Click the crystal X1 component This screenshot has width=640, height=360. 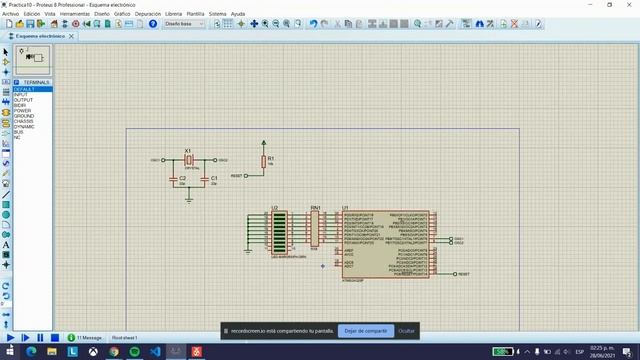coord(188,160)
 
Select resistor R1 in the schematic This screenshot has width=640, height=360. coord(264,161)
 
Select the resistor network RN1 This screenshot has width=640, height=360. coord(314,227)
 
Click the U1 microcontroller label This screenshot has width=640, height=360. coord(345,208)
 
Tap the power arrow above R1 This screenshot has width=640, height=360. coord(264,143)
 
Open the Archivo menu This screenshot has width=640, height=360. coord(10,14)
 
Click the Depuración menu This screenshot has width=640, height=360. coord(148,14)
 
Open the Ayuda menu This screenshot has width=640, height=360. coord(238,14)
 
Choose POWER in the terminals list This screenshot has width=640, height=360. coord(21,110)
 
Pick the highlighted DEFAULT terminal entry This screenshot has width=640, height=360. coord(24,89)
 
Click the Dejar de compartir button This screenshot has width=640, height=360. coord(365,330)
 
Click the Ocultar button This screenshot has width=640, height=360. coord(406,330)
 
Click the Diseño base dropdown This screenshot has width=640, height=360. coord(184,23)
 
